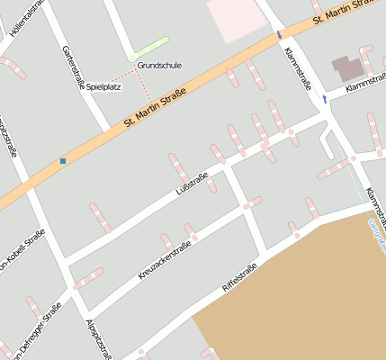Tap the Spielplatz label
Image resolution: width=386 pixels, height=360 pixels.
click(x=104, y=87)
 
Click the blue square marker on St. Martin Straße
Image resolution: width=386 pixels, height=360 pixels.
click(x=63, y=161)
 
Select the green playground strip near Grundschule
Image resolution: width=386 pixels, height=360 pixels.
click(x=148, y=49)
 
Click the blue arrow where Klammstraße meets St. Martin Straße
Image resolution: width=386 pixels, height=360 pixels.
click(x=279, y=35)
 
